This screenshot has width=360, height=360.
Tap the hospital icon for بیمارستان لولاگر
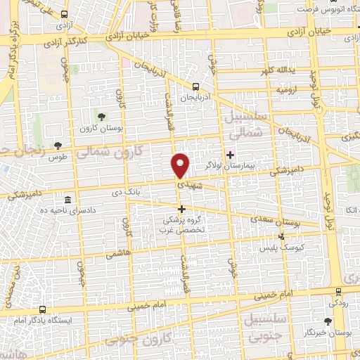pos(231,154)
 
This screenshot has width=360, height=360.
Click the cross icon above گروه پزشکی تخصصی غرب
pos(181,209)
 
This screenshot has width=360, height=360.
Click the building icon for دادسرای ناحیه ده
pos(67,200)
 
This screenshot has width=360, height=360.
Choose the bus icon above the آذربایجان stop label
pos(196,86)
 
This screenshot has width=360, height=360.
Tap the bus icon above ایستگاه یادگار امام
pos(43,309)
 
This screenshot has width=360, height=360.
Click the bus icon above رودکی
pos(339,291)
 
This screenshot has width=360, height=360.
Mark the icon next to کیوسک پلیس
pos(282,238)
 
